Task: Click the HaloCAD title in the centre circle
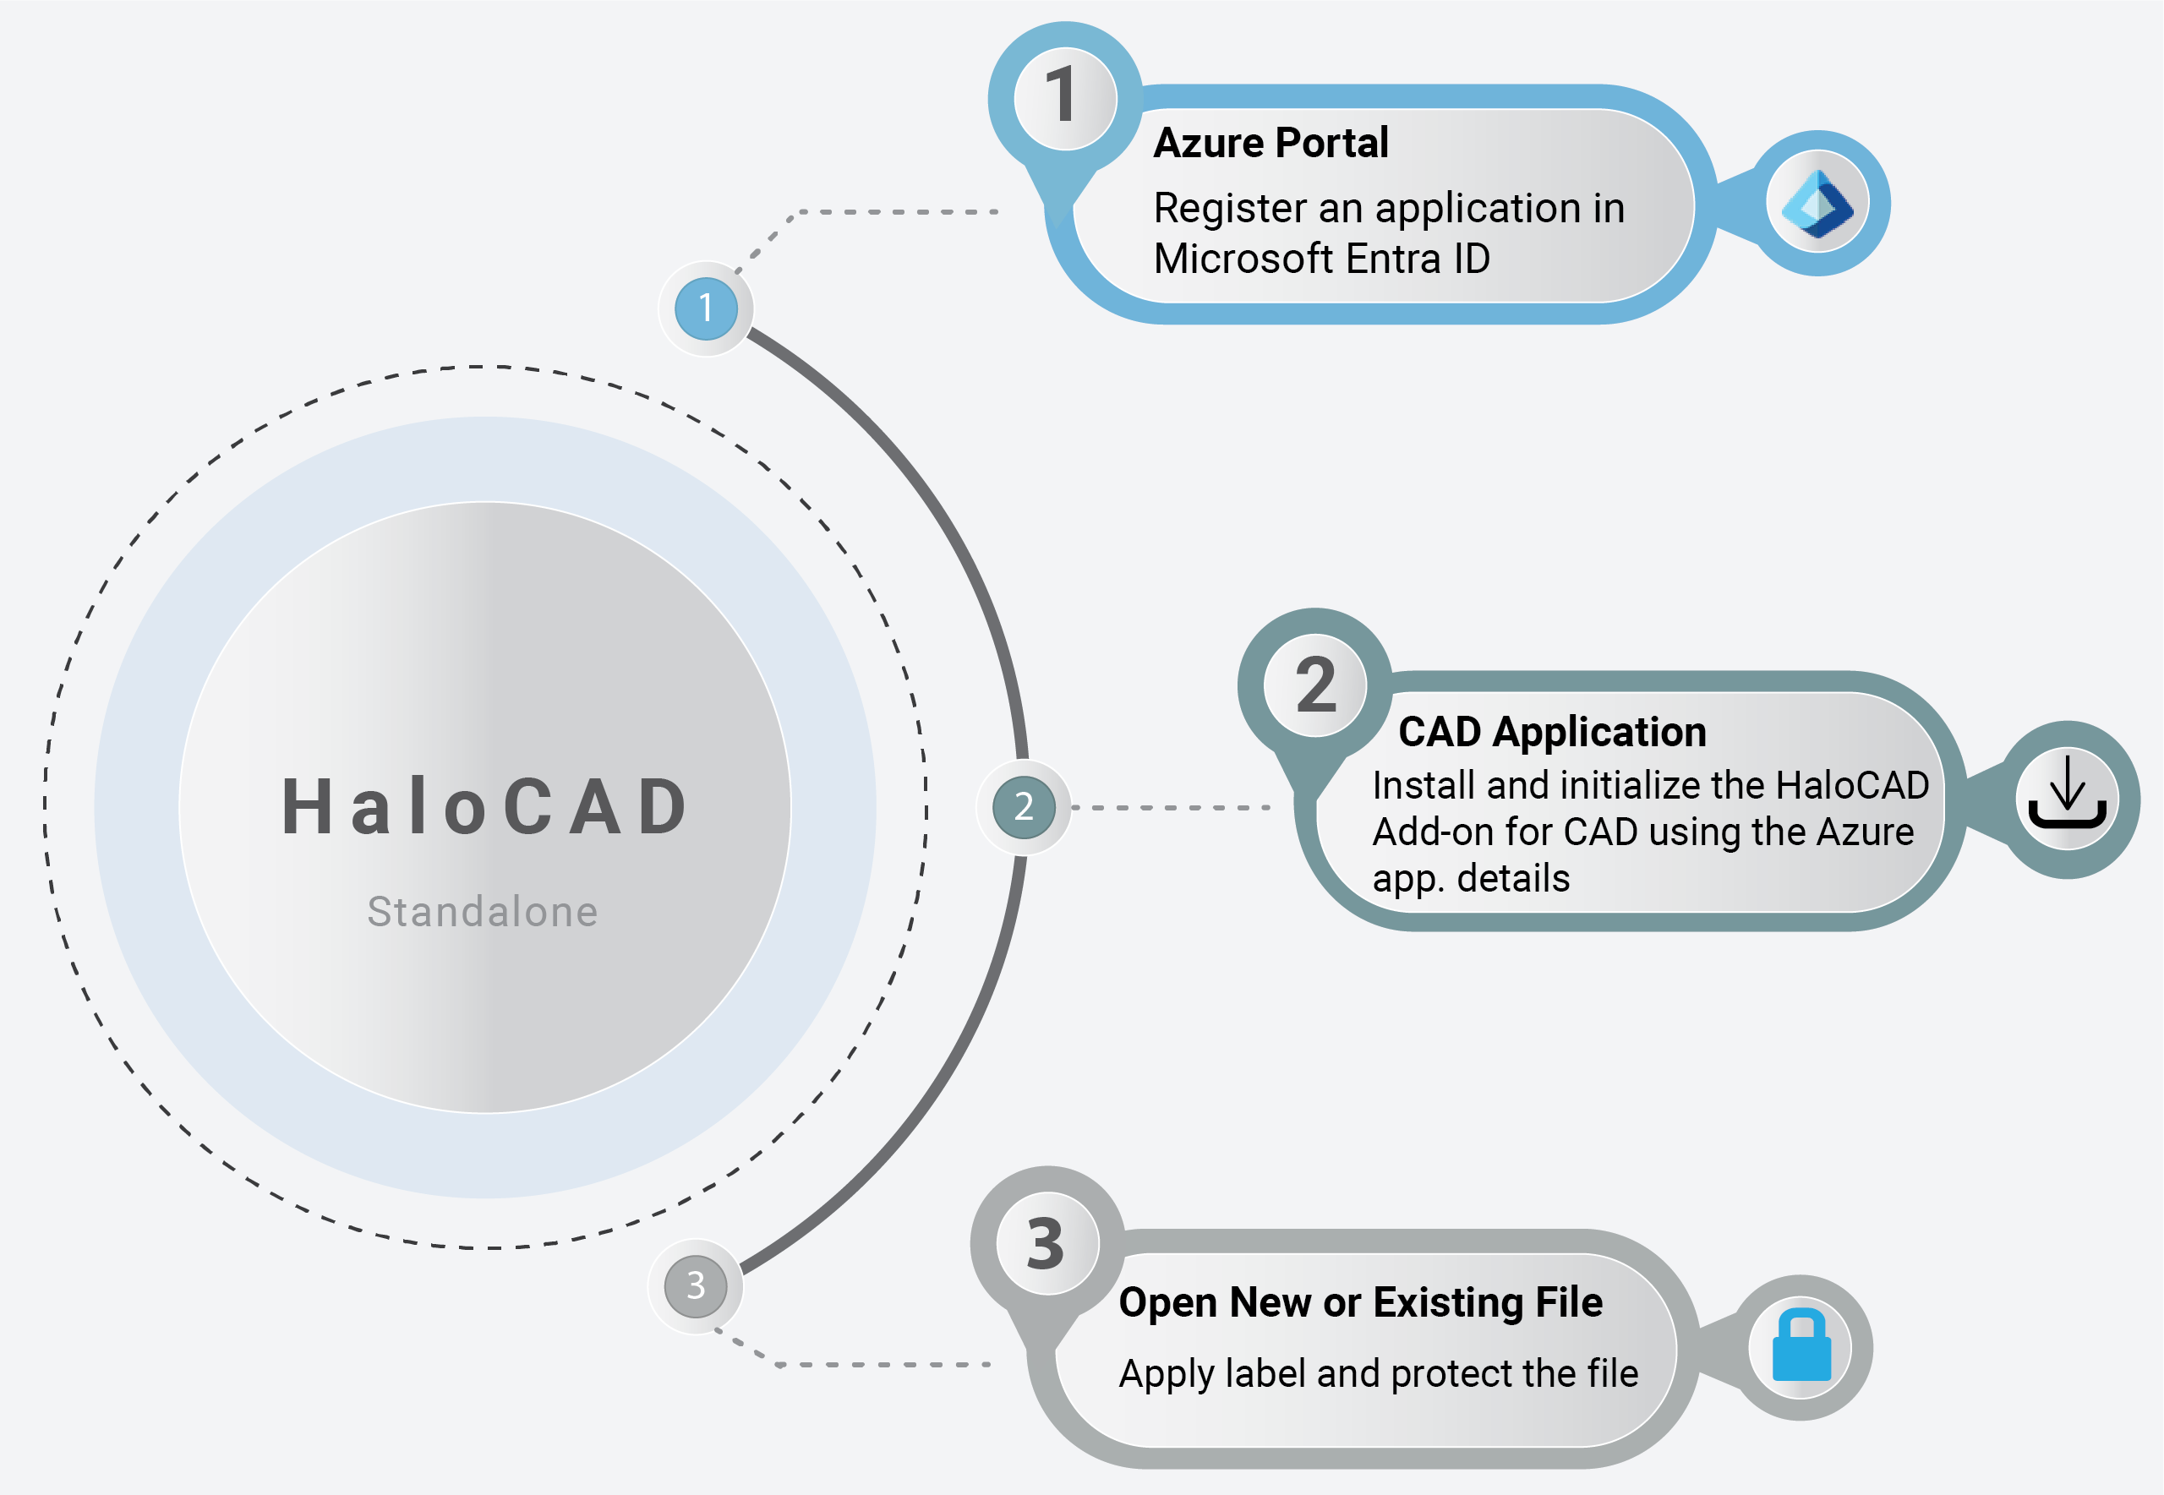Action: tap(485, 806)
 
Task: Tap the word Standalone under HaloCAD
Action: tap(483, 911)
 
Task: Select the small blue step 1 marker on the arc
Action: tap(705, 308)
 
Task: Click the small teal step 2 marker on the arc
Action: tap(1023, 806)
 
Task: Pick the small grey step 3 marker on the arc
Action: tap(695, 1285)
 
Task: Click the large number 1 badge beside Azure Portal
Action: tap(1064, 97)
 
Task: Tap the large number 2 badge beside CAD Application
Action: tap(1315, 685)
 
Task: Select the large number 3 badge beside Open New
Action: tap(1046, 1244)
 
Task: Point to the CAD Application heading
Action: tap(1551, 732)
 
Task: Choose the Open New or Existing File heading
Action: tap(1360, 1302)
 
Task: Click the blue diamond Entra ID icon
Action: tap(1817, 204)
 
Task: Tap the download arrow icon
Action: tap(2067, 799)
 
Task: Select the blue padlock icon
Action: tap(1801, 1347)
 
